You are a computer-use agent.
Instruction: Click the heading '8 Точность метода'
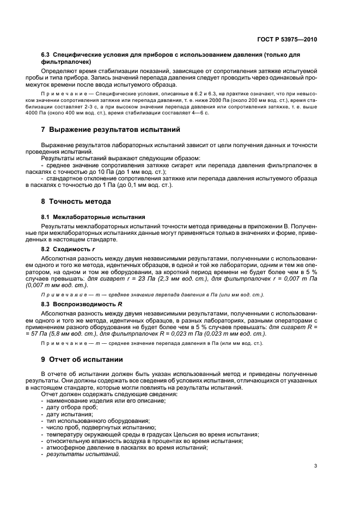76,201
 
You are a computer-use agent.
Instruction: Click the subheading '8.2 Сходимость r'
68,248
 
